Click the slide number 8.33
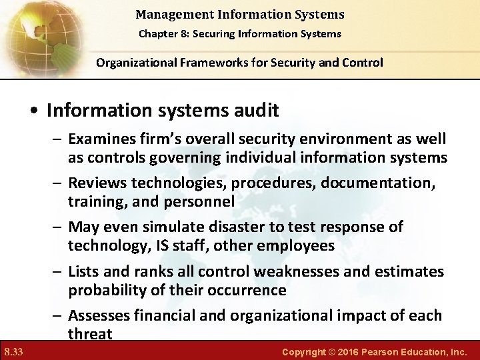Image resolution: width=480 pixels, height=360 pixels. (x=13, y=351)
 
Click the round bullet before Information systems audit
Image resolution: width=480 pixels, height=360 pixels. (x=34, y=111)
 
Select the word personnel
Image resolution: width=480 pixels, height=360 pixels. (x=200, y=201)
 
